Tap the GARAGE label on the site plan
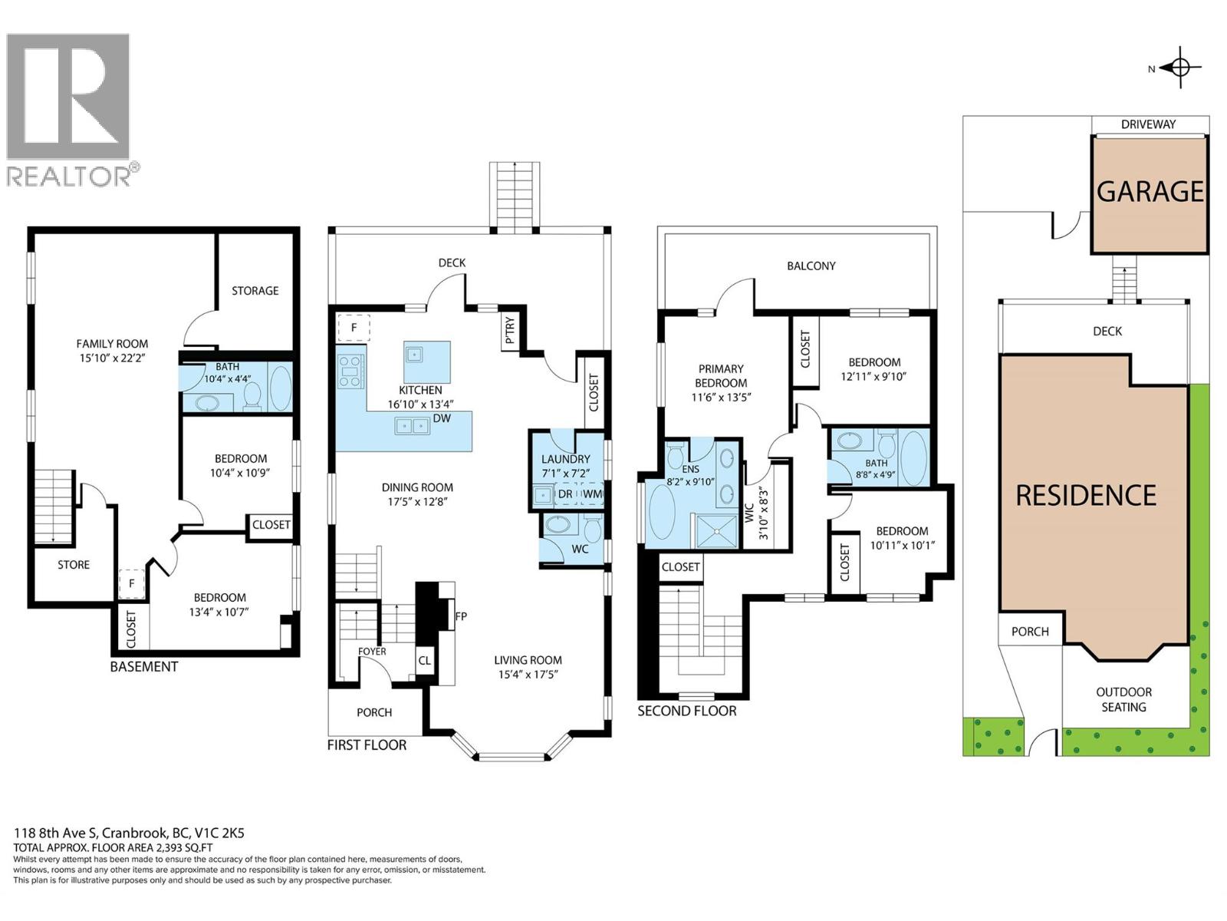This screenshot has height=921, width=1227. tap(1150, 192)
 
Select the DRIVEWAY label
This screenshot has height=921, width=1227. tap(1148, 124)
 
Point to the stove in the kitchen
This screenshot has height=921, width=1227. tap(350, 371)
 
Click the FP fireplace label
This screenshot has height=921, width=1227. tap(461, 616)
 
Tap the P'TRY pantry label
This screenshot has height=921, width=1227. tap(509, 332)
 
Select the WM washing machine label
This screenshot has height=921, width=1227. tap(592, 494)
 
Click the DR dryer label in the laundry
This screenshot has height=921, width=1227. tap(565, 494)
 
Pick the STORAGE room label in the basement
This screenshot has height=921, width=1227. tap(255, 291)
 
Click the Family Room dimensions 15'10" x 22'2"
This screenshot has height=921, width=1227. tap(113, 358)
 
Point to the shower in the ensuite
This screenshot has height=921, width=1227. tap(716, 530)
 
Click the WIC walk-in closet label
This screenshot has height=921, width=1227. tap(749, 513)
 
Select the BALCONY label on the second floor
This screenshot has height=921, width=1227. tap(811, 266)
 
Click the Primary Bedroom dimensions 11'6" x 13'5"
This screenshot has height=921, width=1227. tap(721, 398)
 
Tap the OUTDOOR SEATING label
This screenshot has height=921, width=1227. tap(1123, 699)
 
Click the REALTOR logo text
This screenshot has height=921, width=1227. tap(69, 176)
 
